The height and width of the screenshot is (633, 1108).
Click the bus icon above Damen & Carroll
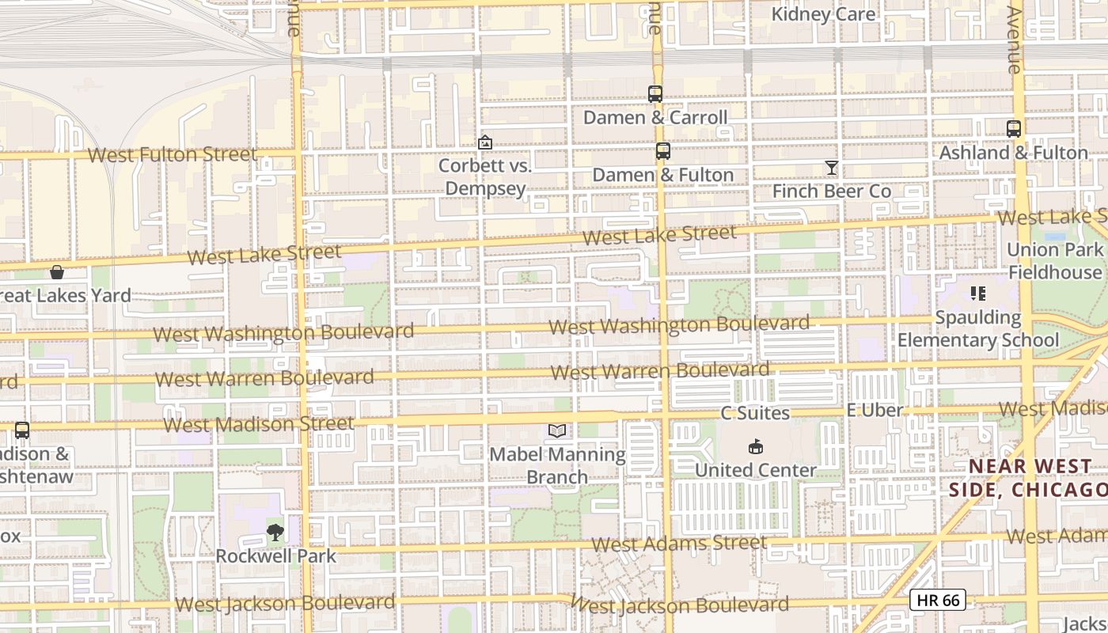pos(655,93)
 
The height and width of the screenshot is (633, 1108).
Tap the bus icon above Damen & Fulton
pos(663,151)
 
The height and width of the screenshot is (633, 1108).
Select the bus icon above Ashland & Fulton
pos(1014,128)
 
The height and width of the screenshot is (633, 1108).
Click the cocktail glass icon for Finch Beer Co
pos(831,168)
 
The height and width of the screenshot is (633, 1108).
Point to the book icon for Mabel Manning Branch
pos(557,430)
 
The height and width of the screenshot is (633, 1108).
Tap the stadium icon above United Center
pos(756,446)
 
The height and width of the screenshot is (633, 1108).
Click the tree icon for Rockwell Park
pos(275,533)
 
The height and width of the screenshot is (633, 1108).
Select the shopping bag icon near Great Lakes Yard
pos(57,272)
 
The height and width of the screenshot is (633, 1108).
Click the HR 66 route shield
pos(938,600)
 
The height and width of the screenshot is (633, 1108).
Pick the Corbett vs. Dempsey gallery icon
pos(485,142)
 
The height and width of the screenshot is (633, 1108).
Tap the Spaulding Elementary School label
pos(978,329)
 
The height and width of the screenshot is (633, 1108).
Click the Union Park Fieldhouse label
pos(1054,261)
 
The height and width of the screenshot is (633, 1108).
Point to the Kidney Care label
pos(823,14)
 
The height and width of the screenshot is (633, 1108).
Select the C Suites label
pos(755,413)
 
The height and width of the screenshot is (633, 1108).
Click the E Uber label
pos(875,410)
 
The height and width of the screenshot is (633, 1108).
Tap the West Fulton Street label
pos(173,154)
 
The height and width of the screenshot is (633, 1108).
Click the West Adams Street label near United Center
pos(679,544)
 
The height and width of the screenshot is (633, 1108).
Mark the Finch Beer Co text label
pos(832,191)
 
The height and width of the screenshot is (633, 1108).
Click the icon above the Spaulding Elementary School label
pos(978,294)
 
